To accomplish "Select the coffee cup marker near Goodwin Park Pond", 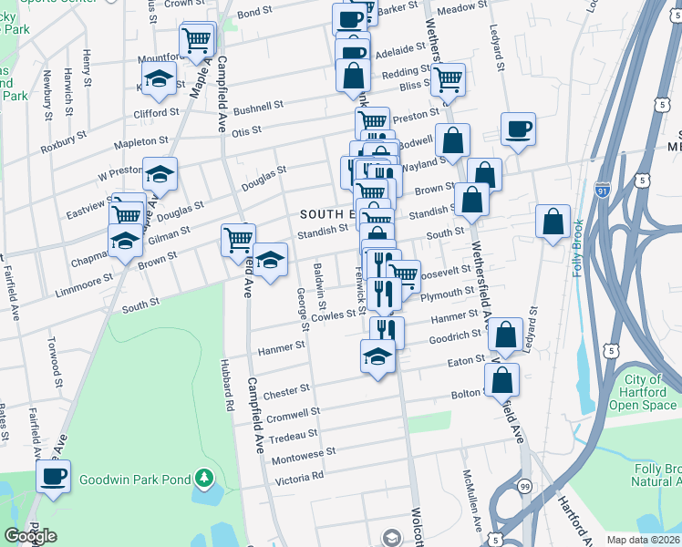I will click(53, 476).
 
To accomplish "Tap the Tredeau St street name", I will click(294, 434).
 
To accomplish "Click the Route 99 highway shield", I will click(522, 487).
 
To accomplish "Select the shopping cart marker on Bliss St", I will click(448, 79).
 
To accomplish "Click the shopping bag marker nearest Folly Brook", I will click(553, 222).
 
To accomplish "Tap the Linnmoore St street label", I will click(82, 276).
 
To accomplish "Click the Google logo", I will click(30, 536).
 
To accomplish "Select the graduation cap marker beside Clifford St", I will click(159, 78).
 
